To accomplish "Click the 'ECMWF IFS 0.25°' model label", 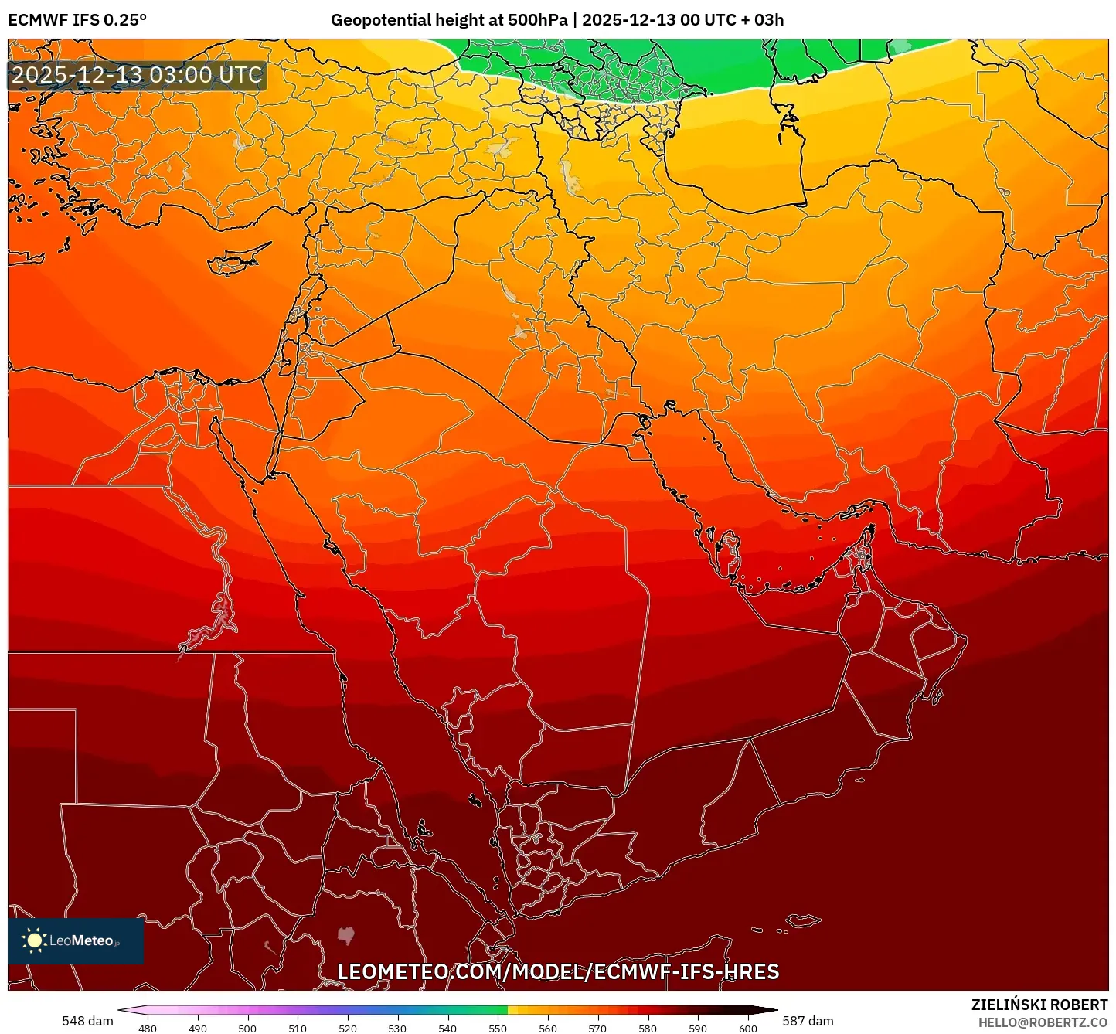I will point(77,20).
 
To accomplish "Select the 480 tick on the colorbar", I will point(147,1028).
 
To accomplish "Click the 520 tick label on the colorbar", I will point(347,1028).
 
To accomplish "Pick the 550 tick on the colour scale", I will point(498,1028).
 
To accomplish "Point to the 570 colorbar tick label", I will point(597,1028).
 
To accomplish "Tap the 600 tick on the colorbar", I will point(747,1028).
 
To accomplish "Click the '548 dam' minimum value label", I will point(87,1021).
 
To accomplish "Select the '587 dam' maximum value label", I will point(808,1021).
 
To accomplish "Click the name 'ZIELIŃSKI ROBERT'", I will point(1039,1005).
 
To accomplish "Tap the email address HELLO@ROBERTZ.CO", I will point(1043,1022).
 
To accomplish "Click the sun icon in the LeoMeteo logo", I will point(34,940).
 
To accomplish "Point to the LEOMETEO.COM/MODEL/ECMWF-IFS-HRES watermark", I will point(558,971).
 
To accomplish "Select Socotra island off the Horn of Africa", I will point(804,920).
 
